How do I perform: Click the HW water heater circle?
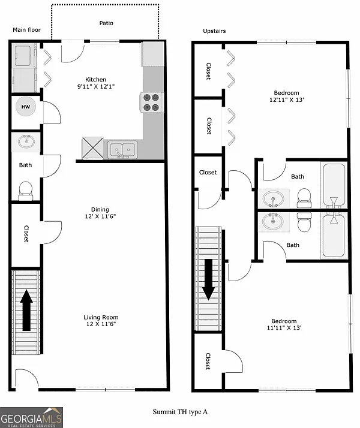tap(25, 108)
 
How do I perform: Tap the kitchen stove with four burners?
tap(153, 102)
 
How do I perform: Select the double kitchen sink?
tap(122, 150)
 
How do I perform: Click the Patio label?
tap(106, 23)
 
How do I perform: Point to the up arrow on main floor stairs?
tap(27, 310)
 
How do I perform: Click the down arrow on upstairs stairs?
tap(208, 279)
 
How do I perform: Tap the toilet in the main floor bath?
tap(25, 189)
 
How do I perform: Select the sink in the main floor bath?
tap(25, 142)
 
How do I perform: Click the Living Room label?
tap(101, 318)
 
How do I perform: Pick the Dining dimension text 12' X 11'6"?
tap(100, 216)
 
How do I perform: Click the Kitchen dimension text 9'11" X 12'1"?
tap(96, 87)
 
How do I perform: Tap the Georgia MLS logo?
tap(31, 417)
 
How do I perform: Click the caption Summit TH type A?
tap(180, 412)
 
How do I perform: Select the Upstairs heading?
tap(214, 31)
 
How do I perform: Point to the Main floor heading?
tap(26, 29)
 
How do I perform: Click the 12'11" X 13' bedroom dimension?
tap(287, 100)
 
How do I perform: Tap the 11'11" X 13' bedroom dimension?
tap(284, 328)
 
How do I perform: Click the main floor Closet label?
tap(26, 233)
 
